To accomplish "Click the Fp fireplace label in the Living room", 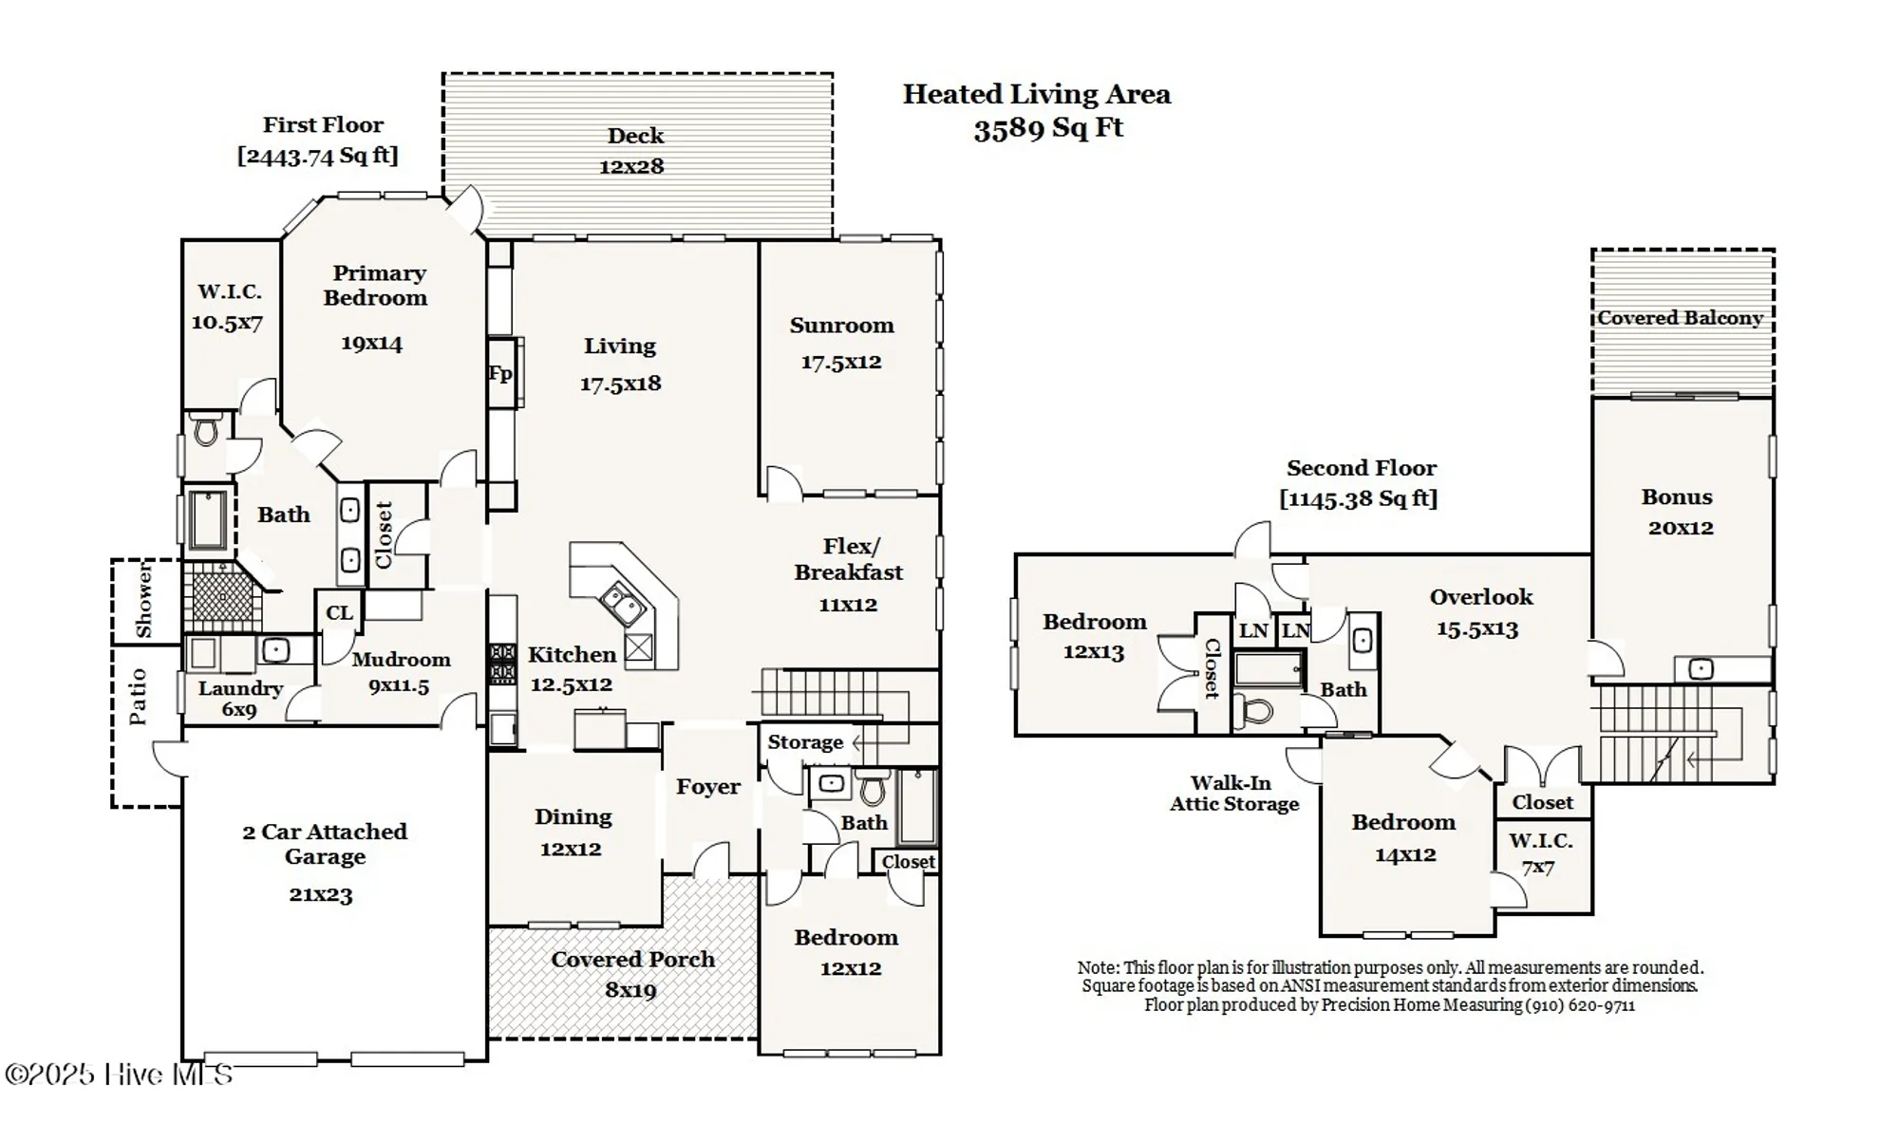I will coord(500,373).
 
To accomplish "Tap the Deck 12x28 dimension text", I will coord(631,167).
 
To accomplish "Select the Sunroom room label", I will coord(841,326).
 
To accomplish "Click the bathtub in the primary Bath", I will coord(207,519).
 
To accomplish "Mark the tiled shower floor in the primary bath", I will coord(221,597).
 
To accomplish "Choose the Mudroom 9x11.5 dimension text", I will coord(399,685).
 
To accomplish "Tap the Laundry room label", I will coord(240,688).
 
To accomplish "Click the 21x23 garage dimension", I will coord(321,894).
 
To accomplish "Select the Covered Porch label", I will coord(632,960).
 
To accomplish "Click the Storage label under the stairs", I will coord(805,742).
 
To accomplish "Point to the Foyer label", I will coord(708,787).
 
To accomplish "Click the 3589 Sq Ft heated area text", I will coord(1048,128).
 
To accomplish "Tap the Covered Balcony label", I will coord(1680,318).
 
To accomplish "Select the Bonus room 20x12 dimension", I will coord(1681,528).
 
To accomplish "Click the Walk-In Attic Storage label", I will coord(1233,794).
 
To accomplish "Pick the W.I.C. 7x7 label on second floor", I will coord(1539,852).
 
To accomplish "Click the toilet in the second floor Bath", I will coord(1257,711).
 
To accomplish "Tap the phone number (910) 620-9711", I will coord(1580,1005).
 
